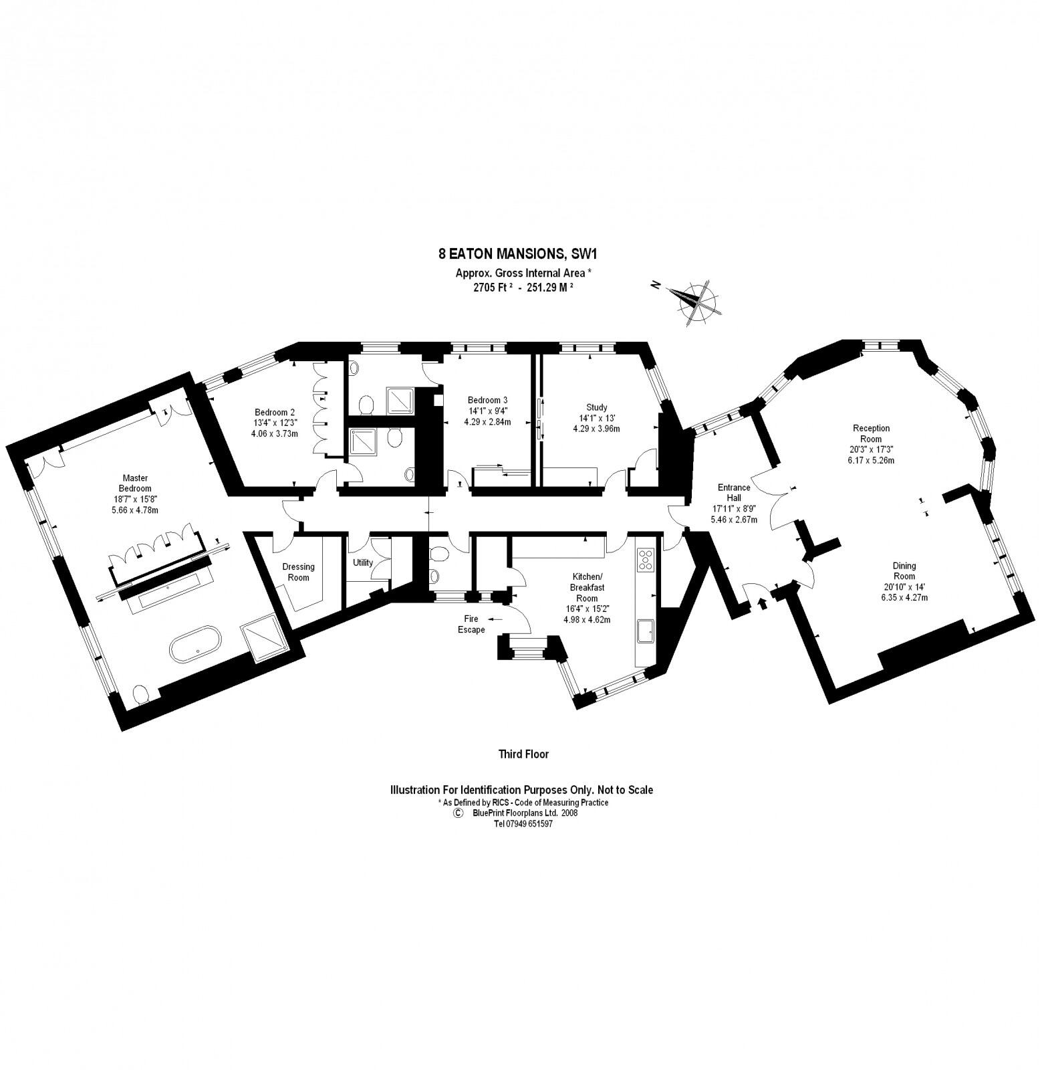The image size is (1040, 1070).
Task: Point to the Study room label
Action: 596,417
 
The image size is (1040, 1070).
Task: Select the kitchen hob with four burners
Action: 645,560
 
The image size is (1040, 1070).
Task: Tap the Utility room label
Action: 363,562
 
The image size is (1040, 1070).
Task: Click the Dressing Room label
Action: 298,572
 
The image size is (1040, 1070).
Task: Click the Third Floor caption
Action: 523,754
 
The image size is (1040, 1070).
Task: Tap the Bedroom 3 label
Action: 487,411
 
